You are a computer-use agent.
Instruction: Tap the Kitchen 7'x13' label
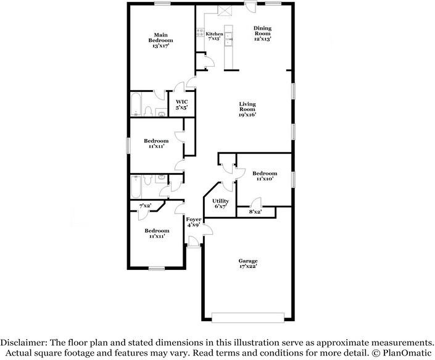click(214, 36)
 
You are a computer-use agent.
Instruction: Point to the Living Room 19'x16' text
click(247, 109)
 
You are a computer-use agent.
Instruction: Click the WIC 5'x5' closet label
click(181, 104)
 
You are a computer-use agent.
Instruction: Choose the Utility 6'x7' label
click(220, 203)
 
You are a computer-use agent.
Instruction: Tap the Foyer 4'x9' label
click(193, 222)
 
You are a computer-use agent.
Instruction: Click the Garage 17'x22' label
click(248, 264)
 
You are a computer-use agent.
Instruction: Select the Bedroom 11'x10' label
click(265, 176)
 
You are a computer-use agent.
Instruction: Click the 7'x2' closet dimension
click(145, 206)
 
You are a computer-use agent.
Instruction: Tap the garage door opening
click(248, 317)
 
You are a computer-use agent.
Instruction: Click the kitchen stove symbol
click(200, 32)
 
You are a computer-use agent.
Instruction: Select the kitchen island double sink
click(228, 39)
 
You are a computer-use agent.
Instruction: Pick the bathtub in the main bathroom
click(136, 104)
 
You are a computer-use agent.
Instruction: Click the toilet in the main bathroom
click(148, 111)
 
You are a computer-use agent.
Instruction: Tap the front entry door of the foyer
click(193, 241)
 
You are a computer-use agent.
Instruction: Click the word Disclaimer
click(23, 343)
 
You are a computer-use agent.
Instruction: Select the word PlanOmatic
click(407, 353)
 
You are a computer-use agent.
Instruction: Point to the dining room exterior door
click(251, 7)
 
